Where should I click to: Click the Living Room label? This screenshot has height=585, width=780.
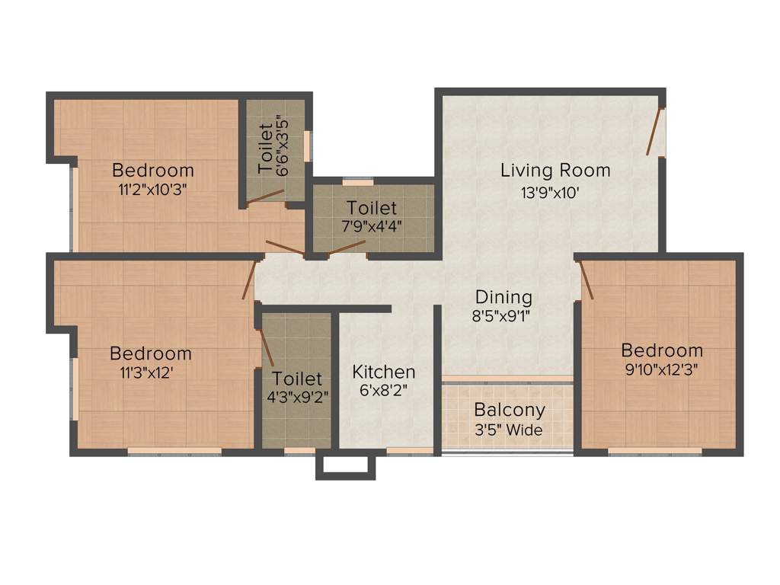tap(555, 170)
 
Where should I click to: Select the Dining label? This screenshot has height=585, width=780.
tap(503, 297)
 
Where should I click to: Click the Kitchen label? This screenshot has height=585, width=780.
tap(384, 372)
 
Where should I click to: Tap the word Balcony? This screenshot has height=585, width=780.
tap(510, 410)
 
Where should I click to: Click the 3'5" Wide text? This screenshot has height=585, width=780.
tap(508, 430)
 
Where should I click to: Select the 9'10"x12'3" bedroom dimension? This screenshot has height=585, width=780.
tap(661, 370)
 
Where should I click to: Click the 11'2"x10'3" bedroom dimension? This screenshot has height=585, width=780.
tap(152, 190)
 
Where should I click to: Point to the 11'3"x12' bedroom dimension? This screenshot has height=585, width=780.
tap(151, 373)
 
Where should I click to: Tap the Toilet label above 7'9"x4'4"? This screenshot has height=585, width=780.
tap(372, 208)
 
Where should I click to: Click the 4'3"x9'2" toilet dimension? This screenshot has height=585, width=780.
tap(297, 398)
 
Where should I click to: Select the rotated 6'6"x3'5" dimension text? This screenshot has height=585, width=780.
tap(283, 145)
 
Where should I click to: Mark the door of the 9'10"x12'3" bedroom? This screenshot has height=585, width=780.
tap(587, 280)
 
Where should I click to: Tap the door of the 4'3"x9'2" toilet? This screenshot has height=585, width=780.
tap(267, 347)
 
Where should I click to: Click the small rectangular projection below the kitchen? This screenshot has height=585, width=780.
tap(346, 467)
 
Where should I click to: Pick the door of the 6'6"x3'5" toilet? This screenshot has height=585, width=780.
tap(264, 197)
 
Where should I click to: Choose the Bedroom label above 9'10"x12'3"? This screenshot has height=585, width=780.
tap(662, 350)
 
